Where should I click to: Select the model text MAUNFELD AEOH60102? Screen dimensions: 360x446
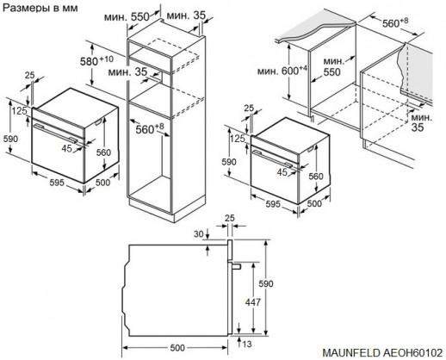click(383, 351)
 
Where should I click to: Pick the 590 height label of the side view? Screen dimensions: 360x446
click(269, 284)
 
